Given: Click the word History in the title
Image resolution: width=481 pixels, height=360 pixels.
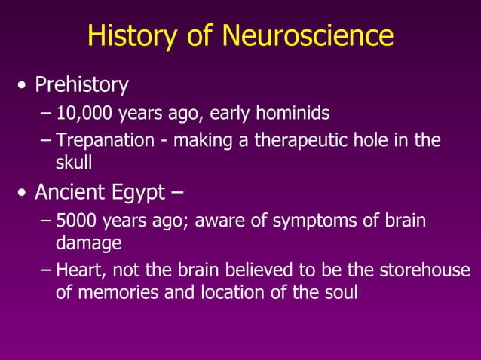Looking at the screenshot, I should pyautogui.click(x=129, y=35).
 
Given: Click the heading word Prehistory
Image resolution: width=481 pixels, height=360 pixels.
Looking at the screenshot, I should pyautogui.click(x=81, y=84).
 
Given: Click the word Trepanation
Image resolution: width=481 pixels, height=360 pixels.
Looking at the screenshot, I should pyautogui.click(x=102, y=141).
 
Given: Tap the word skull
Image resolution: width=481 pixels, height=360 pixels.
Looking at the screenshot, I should pyautogui.click(x=74, y=163).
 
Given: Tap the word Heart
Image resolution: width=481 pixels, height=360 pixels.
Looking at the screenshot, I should pyautogui.click(x=78, y=270).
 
